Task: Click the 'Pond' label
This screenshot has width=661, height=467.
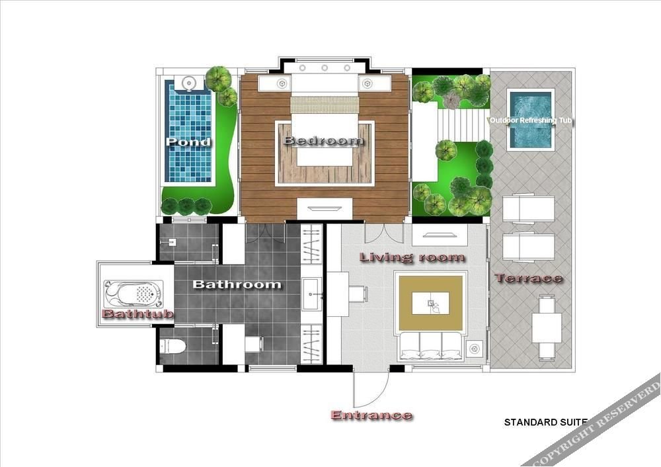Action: [x=188, y=142]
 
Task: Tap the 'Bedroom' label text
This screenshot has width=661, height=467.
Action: [x=324, y=140]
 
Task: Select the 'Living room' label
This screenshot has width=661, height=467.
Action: [x=412, y=257]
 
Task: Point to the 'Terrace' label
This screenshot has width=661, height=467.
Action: [x=528, y=278]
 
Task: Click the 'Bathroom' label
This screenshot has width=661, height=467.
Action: [x=237, y=284]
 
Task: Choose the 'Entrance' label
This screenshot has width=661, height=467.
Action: [x=371, y=415]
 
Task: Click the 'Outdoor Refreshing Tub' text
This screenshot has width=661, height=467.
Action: [x=531, y=120]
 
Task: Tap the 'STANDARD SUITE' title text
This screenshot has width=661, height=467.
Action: [x=546, y=422]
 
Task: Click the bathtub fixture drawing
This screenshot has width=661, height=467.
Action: [x=134, y=294]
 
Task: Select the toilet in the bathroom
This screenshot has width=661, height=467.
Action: [x=173, y=346]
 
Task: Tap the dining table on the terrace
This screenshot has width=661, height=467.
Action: [x=547, y=328]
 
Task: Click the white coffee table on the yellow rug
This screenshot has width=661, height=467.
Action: [x=430, y=303]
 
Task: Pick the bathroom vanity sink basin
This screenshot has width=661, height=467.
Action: [x=312, y=294]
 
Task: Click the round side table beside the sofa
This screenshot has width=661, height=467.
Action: [x=475, y=349]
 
